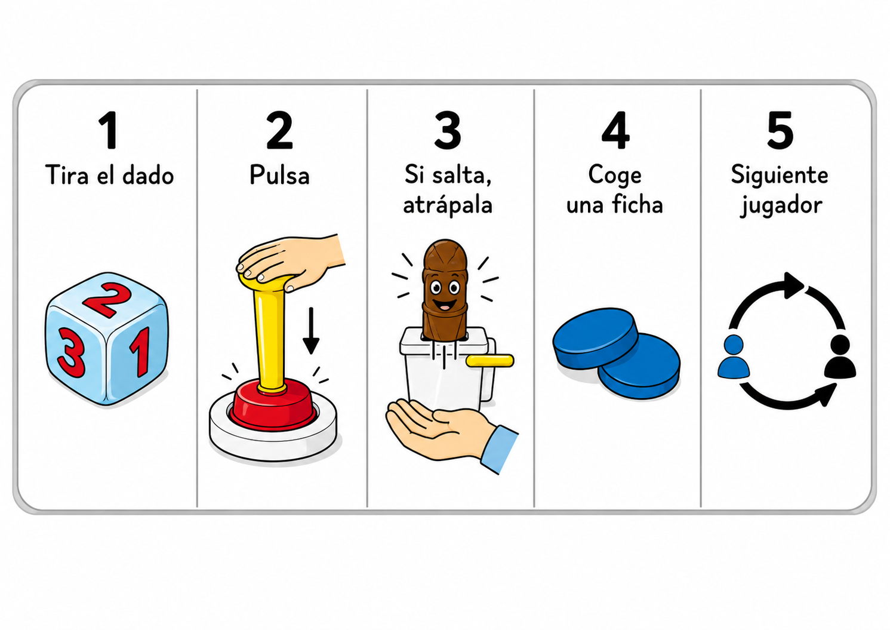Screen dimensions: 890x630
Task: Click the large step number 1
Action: (x=108, y=130)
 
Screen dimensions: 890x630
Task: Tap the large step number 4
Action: (x=615, y=130)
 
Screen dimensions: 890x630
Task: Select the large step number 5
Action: (x=780, y=130)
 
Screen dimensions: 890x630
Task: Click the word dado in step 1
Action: (x=148, y=175)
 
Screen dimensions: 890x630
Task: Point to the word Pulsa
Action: (x=279, y=175)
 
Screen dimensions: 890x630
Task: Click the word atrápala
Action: (x=448, y=205)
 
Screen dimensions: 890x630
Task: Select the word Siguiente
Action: (x=780, y=176)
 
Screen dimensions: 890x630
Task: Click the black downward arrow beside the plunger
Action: (x=311, y=330)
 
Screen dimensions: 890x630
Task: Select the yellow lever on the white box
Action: (x=490, y=361)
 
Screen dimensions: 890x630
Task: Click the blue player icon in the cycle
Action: (x=734, y=356)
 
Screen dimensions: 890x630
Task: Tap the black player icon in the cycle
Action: (x=840, y=356)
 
